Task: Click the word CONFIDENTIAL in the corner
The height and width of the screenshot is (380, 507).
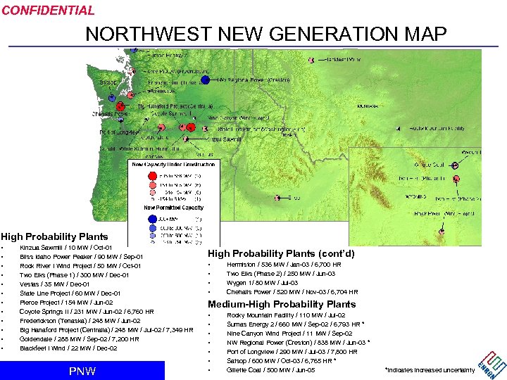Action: [48, 11]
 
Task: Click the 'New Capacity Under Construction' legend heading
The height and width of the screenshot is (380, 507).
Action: [174, 164]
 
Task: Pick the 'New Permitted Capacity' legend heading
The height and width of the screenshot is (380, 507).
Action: [174, 208]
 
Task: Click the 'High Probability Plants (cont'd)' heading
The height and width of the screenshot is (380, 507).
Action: [280, 253]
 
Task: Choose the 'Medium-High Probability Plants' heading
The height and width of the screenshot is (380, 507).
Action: [282, 305]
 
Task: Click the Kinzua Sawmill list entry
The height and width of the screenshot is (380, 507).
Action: [65, 248]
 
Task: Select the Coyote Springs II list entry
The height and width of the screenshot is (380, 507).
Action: [87, 312]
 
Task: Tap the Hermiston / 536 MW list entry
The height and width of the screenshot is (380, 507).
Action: [284, 265]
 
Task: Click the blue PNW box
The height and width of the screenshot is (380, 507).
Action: [82, 371]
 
